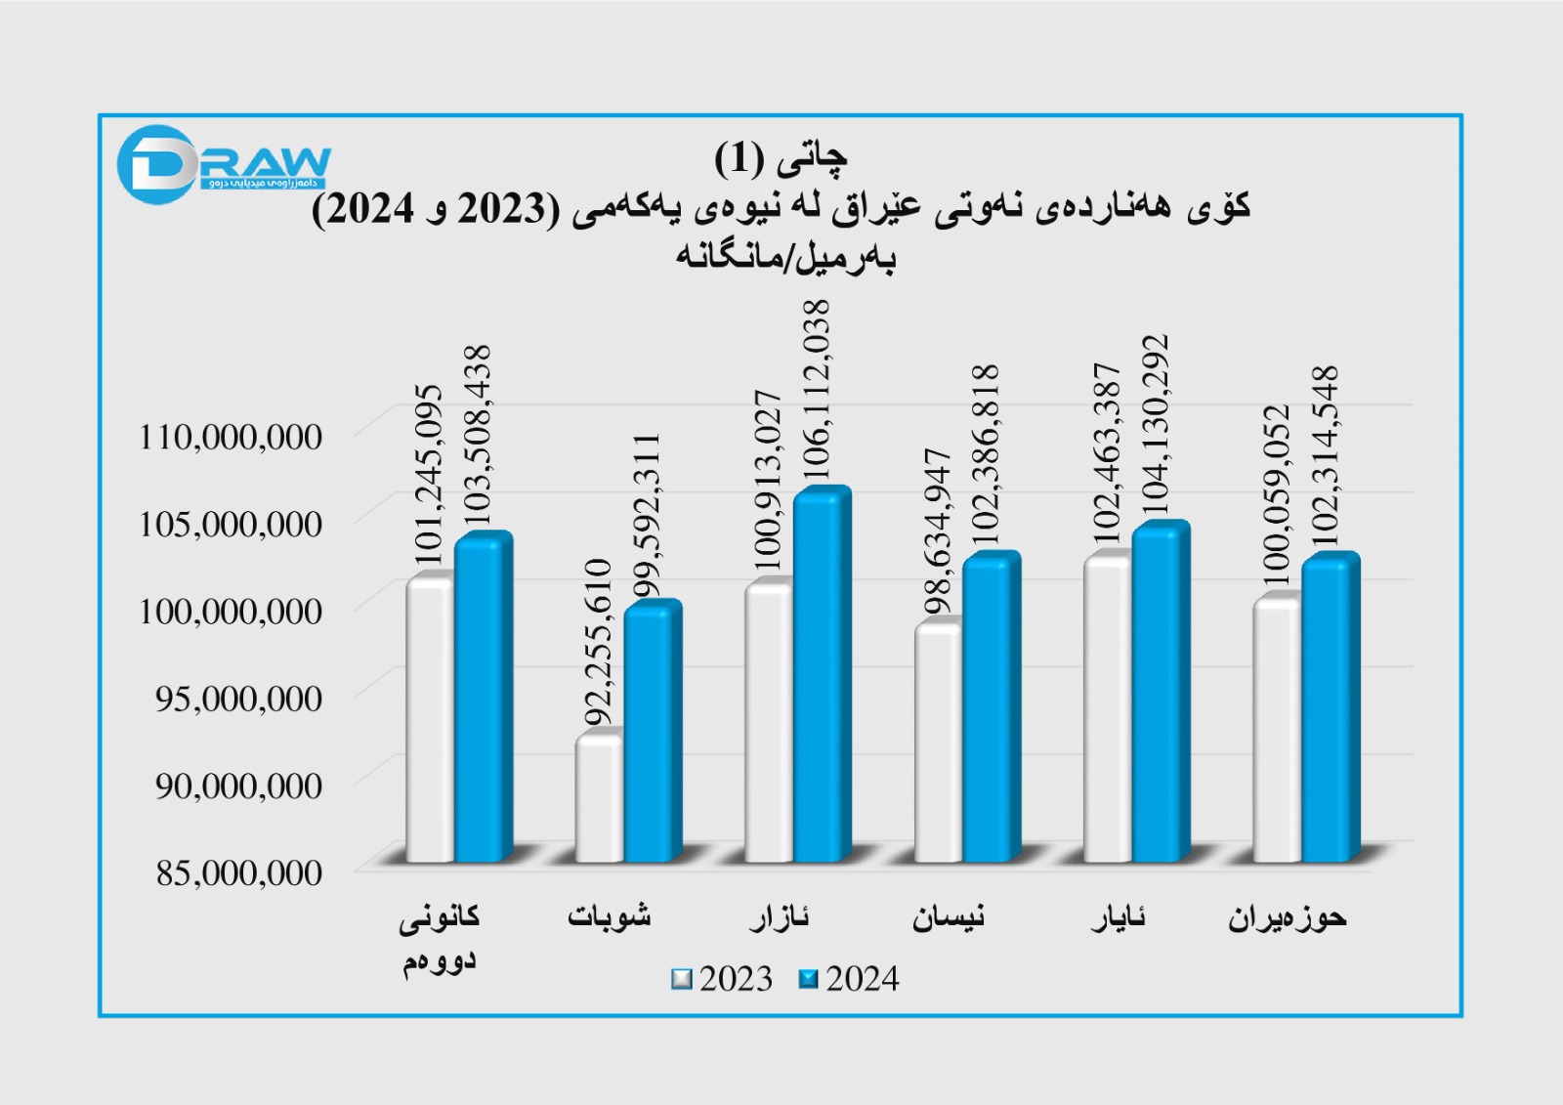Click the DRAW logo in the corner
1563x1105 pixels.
pyautogui.click(x=223, y=164)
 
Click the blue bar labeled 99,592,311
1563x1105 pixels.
pyautogui.click(x=650, y=733)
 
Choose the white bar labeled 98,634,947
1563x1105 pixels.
pyautogui.click(x=937, y=743)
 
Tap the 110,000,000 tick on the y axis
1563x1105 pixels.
pyautogui.click(x=231, y=437)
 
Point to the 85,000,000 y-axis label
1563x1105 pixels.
pyautogui.click(x=239, y=872)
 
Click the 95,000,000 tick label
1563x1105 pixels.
pyautogui.click(x=239, y=699)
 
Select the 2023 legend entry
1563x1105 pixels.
pyautogui.click(x=723, y=979)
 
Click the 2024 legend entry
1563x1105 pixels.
pyautogui.click(x=849, y=979)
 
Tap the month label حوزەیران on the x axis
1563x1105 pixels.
pyautogui.click(x=1287, y=918)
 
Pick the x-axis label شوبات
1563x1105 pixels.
pyautogui.click(x=609, y=916)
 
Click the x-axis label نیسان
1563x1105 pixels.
pyautogui.click(x=949, y=917)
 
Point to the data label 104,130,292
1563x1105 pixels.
pyautogui.click(x=1156, y=425)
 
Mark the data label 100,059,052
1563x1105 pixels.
pyautogui.click(x=1277, y=495)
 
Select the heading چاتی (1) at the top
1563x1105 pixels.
pyautogui.click(x=781, y=157)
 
